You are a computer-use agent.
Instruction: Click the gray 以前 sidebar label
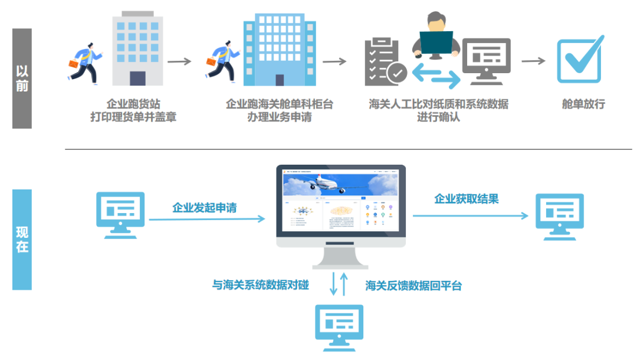22,78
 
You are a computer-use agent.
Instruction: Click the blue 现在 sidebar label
22,239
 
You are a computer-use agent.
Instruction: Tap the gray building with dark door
137,50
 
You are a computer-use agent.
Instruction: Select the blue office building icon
274,50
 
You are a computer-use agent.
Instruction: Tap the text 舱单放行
583,104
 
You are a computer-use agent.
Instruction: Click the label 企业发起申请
204,208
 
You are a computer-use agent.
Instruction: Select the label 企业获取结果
466,199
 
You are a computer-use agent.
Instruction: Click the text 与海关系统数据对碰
260,285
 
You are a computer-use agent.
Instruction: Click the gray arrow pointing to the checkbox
533,61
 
